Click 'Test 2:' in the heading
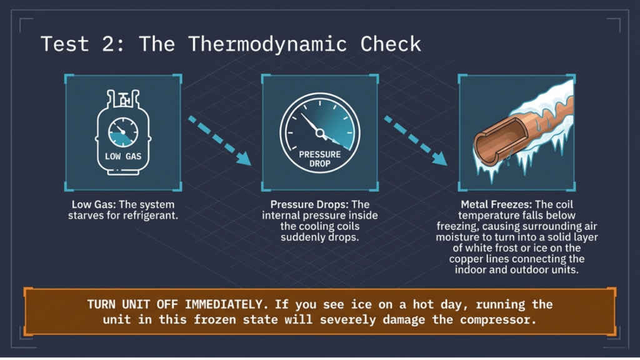click(x=82, y=44)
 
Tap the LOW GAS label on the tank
click(x=122, y=156)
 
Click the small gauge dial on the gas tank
click(x=123, y=131)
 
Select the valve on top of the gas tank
click(x=123, y=99)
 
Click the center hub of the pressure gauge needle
click(x=319, y=132)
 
